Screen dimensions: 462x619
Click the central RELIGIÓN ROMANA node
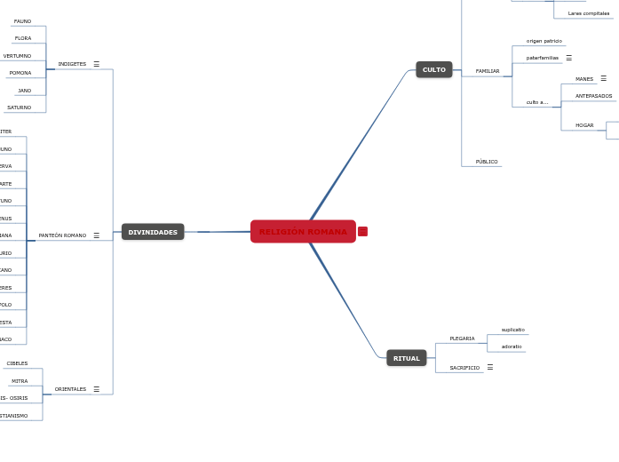point(303,232)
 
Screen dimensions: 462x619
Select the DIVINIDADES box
point(153,232)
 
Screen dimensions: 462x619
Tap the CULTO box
point(434,69)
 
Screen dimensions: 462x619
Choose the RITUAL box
point(407,358)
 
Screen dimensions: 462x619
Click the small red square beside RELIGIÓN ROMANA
point(362,232)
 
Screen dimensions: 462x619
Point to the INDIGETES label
point(72,64)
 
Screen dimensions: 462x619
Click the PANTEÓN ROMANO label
point(62,235)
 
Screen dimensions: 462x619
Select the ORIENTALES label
point(70,389)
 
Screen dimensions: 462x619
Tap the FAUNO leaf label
point(23,21)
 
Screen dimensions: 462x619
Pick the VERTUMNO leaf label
point(17,56)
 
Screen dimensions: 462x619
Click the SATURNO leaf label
point(20,108)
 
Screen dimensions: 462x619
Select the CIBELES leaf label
point(18,363)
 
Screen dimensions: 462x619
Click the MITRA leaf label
point(20,381)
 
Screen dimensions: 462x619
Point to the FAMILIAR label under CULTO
point(488,71)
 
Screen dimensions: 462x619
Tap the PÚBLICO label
point(487,162)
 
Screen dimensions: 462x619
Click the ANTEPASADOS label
point(593,96)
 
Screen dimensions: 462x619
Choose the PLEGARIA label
point(462,339)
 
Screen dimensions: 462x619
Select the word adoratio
point(512,346)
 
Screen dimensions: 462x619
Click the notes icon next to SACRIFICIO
point(490,367)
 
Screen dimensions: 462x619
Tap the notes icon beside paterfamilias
point(569,58)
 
